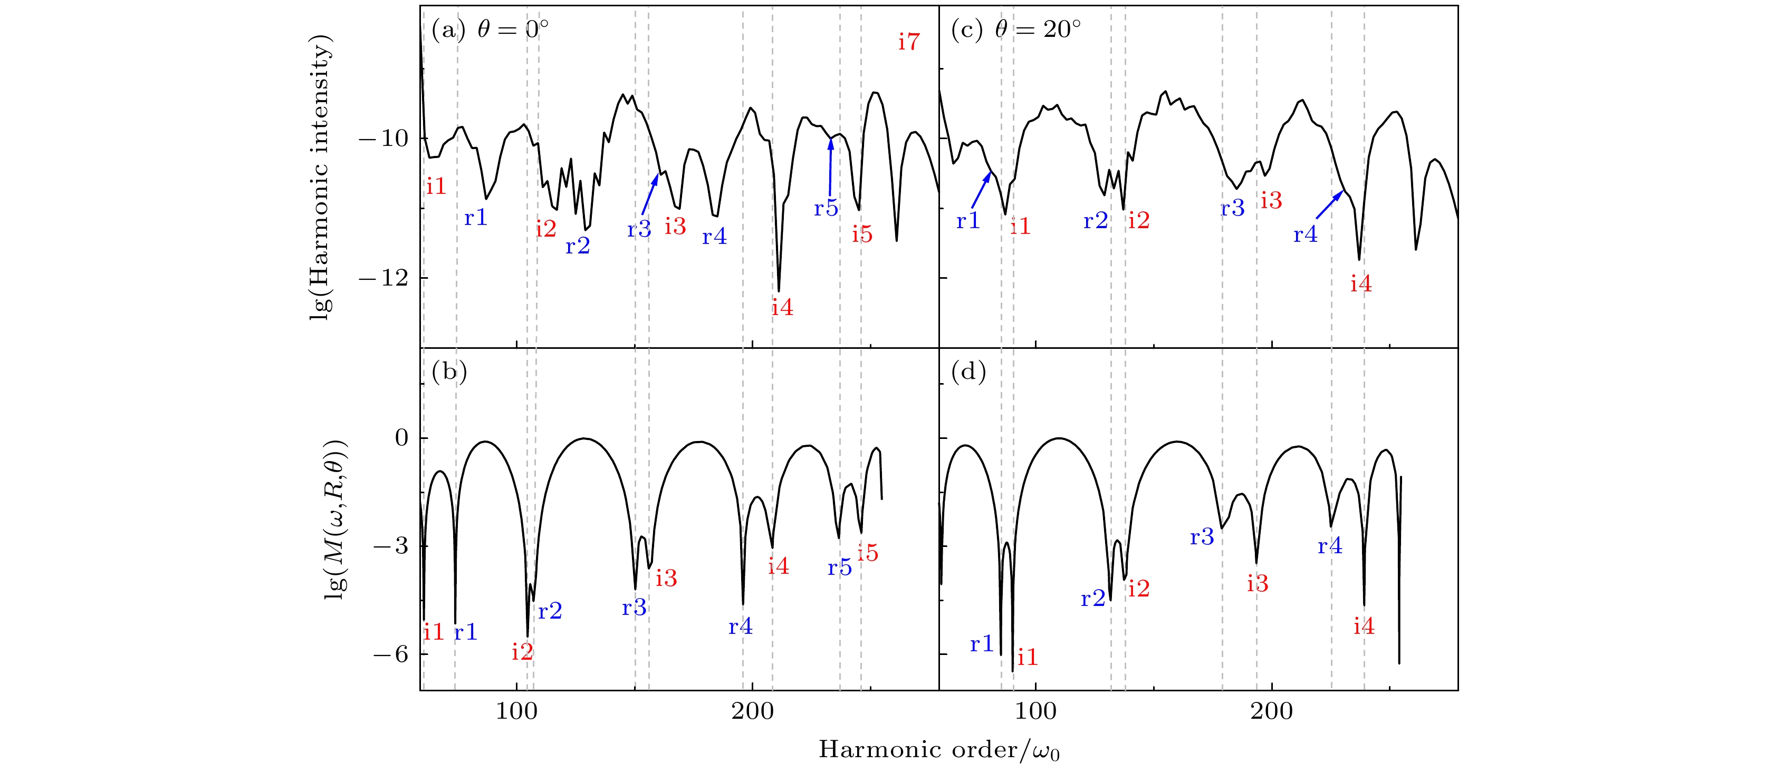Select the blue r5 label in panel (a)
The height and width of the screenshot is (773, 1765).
point(826,208)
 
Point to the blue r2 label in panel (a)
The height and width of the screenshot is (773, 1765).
point(578,246)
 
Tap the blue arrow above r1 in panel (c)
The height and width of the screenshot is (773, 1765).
point(981,190)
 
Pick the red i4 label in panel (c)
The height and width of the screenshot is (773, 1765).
point(1361,284)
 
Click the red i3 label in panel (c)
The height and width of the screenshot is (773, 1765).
point(1271,201)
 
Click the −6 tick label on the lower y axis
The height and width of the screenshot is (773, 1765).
point(390,654)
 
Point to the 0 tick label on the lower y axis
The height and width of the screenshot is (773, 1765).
point(401,438)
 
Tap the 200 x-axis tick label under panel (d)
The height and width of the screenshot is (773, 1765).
point(1272,712)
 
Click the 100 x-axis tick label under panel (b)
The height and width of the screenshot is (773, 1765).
point(516,712)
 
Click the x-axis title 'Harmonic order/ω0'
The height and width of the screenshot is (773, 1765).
point(939,750)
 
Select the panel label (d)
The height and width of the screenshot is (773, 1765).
point(968,372)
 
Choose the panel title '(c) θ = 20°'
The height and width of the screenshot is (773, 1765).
point(1016,30)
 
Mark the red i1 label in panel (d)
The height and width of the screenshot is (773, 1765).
point(1027,657)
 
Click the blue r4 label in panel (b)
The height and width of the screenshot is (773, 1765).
point(740,627)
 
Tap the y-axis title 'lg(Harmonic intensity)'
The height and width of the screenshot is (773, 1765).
point(321,177)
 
